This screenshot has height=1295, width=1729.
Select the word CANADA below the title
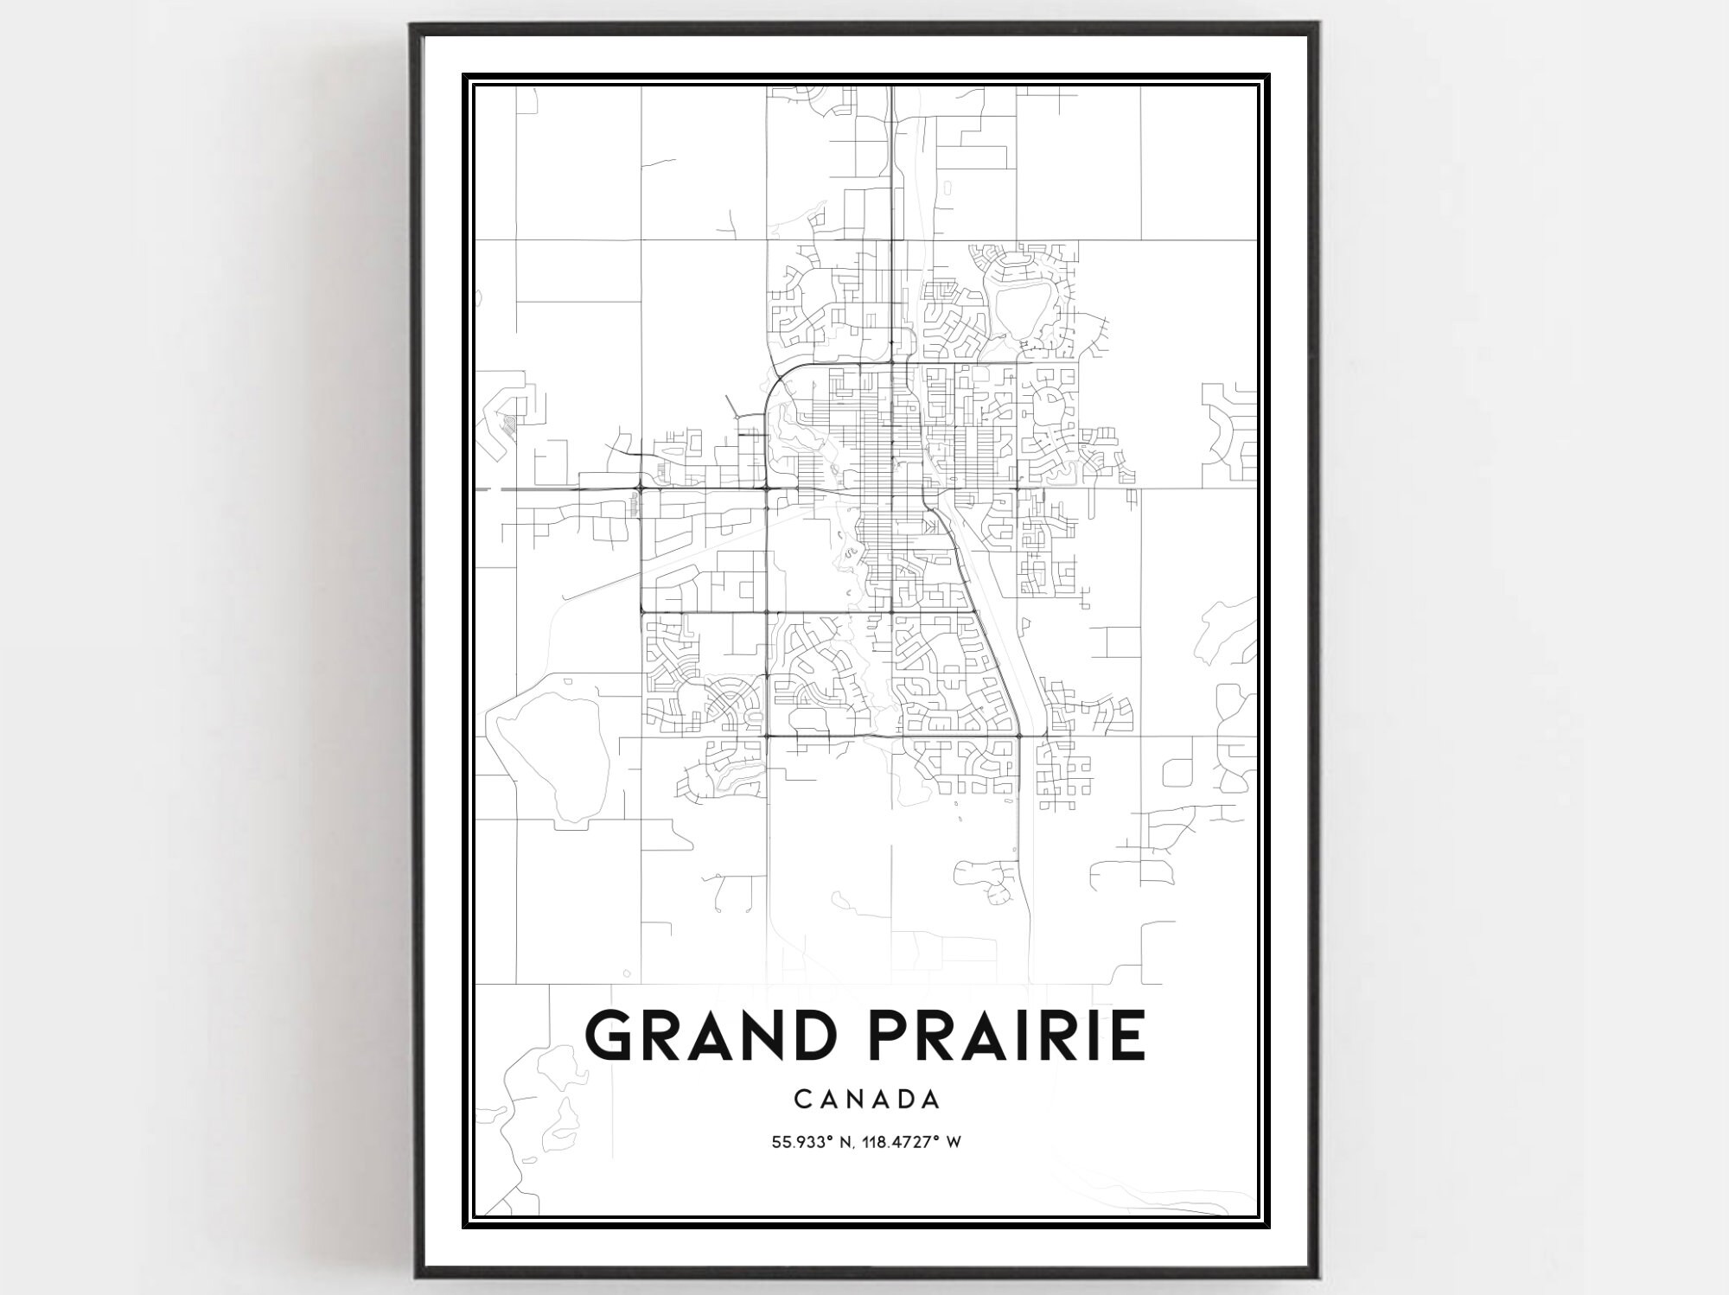[x=866, y=1099]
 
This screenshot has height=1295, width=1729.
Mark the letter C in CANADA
[x=801, y=1099]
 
